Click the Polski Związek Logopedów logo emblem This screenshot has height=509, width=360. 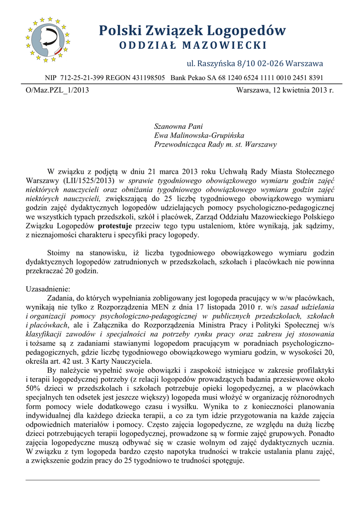pos(46,40)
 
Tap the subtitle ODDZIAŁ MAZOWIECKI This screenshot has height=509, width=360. pos(192,46)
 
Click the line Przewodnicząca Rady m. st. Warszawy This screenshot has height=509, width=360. pos(216,145)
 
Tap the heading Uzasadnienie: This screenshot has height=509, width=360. pos(48,289)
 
